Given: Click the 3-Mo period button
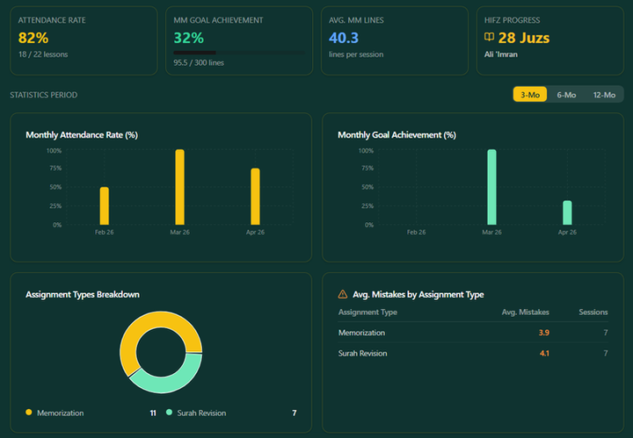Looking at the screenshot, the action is [x=529, y=94].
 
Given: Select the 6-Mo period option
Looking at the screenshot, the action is [x=566, y=95].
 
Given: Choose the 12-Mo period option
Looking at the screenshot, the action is [x=604, y=95].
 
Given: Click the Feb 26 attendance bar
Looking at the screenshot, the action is [x=104, y=205].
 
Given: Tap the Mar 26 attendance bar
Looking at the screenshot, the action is [x=179, y=187].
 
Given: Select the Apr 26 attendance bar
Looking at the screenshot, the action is [x=255, y=197].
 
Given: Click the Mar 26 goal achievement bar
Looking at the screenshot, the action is [x=491, y=187].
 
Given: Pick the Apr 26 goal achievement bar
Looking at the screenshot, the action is [x=567, y=212].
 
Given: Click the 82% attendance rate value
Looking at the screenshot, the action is [x=33, y=38].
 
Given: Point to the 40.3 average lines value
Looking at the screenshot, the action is [x=344, y=38].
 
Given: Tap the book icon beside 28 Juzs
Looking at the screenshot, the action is [x=489, y=37].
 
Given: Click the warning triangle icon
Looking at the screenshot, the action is [x=342, y=294].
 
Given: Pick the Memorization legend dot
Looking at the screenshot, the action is [x=29, y=413].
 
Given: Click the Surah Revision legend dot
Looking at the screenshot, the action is [x=169, y=413].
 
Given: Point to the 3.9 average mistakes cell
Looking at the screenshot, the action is [x=544, y=333].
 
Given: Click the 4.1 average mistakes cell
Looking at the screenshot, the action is [x=544, y=354].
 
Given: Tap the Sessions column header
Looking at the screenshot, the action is [x=593, y=312].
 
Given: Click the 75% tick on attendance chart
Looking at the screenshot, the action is [x=55, y=168].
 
